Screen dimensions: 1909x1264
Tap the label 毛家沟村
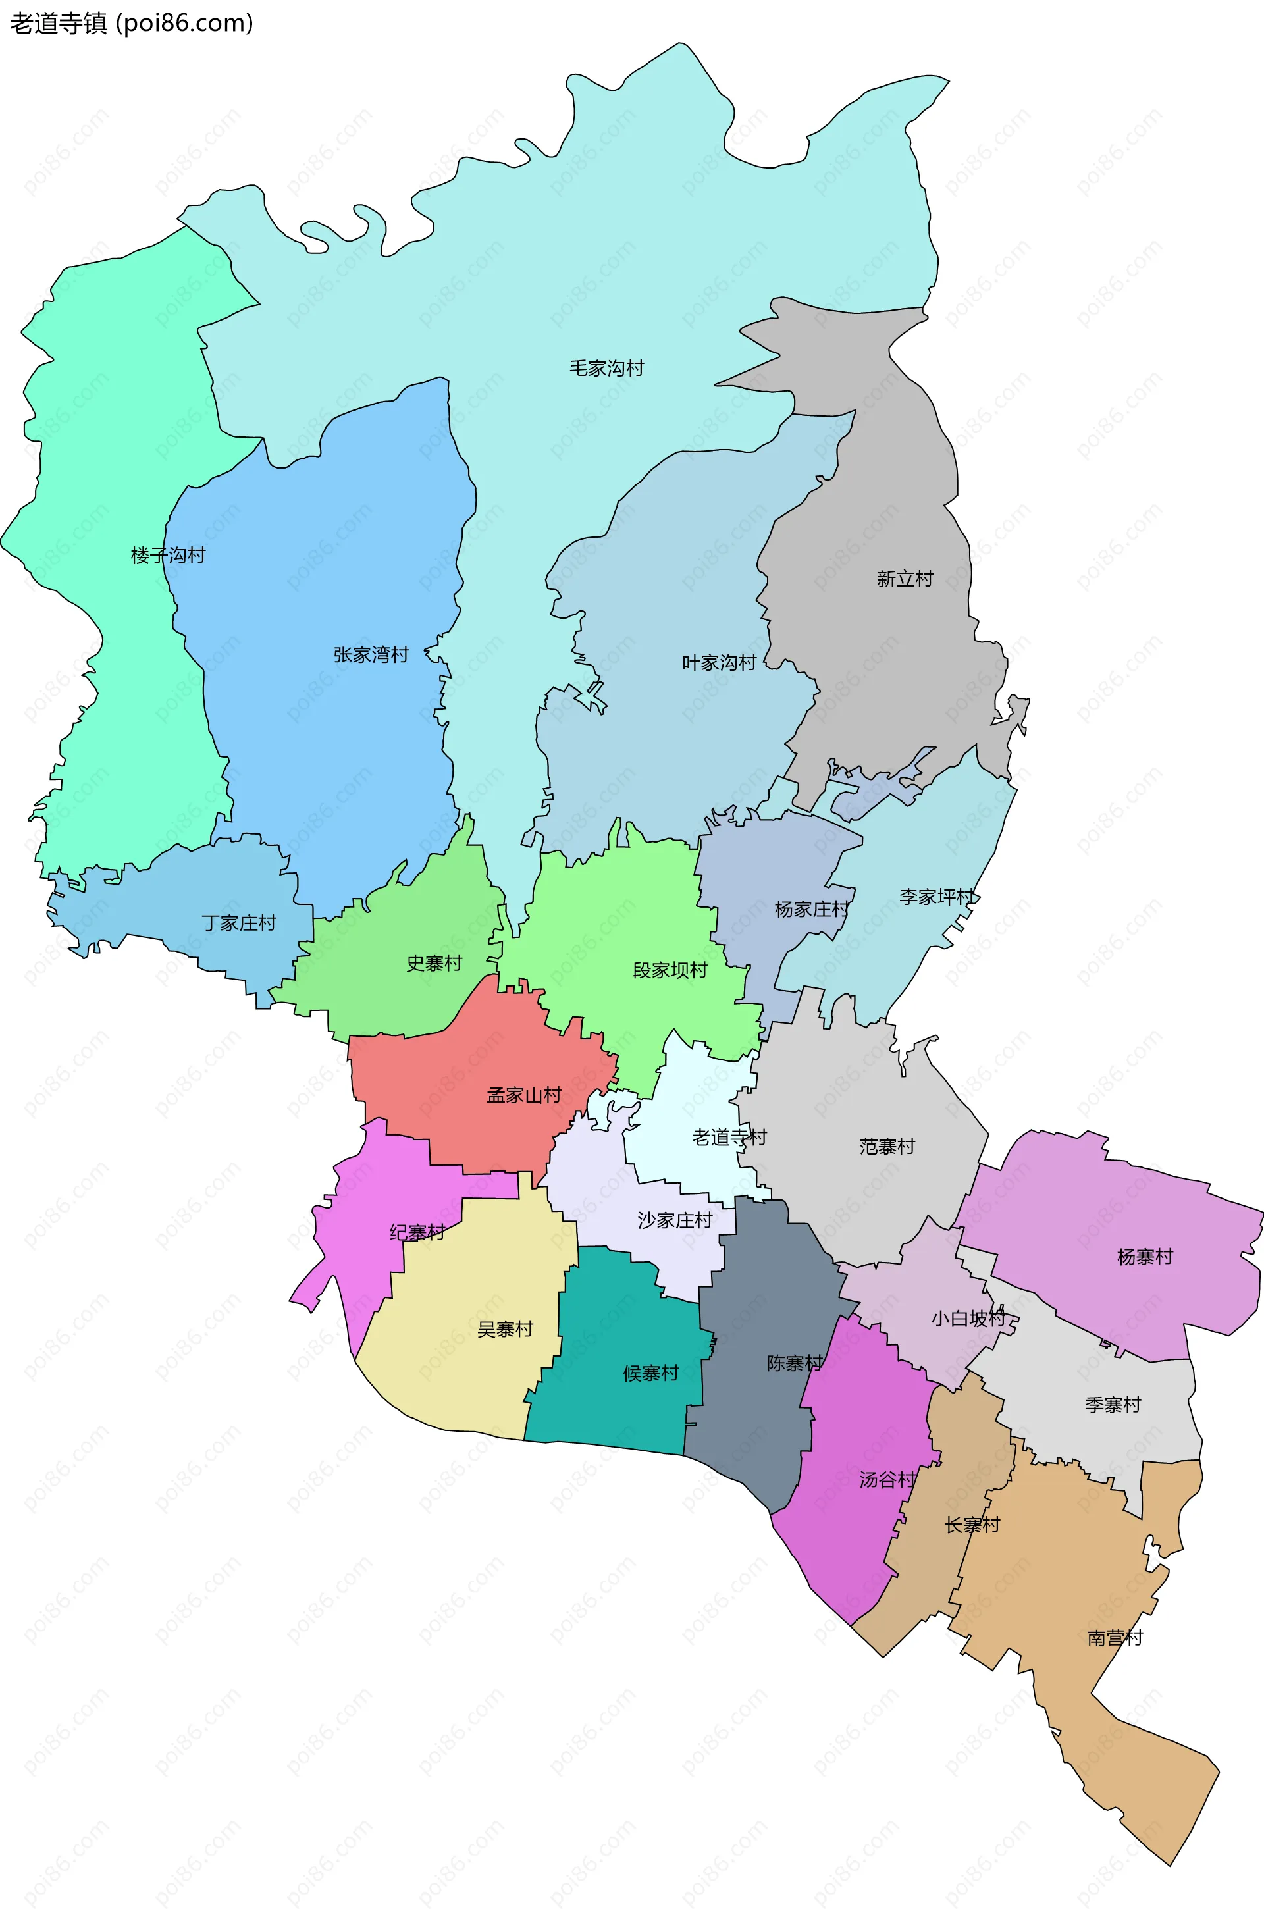606,368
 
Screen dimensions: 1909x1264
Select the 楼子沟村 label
168,555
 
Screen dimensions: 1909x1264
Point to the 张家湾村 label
371,654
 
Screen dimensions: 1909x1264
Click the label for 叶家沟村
719,662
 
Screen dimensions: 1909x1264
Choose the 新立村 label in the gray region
905,579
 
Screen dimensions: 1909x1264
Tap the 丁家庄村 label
238,923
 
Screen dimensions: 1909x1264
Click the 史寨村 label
434,963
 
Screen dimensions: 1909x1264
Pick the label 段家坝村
670,970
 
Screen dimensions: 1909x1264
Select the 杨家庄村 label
812,909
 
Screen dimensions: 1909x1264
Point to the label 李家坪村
937,896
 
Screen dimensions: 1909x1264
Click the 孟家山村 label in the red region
524,1095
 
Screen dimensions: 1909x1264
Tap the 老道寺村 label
729,1137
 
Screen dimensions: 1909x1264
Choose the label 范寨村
887,1146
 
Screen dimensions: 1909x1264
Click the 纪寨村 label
417,1232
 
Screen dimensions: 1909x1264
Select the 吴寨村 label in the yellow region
506,1329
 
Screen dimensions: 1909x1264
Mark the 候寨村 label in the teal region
650,1373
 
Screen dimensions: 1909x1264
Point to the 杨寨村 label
1145,1256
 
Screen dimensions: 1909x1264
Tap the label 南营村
1115,1637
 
